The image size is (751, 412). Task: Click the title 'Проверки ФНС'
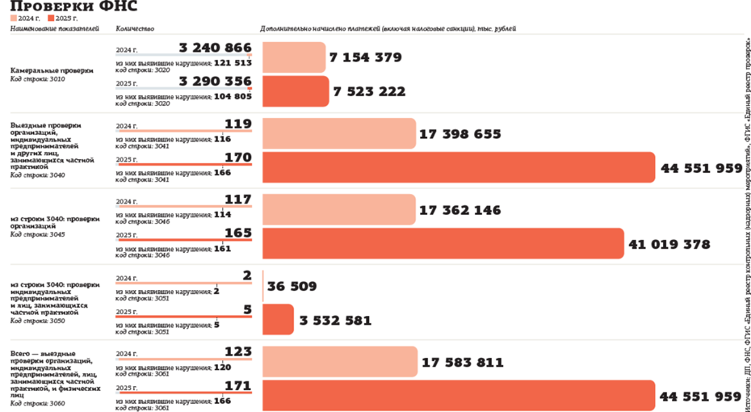coord(73,7)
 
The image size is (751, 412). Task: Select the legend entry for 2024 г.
coord(26,18)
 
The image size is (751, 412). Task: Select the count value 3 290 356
coord(216,82)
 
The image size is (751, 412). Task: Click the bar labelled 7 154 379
coord(294,57)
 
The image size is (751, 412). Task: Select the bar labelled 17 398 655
coord(338,133)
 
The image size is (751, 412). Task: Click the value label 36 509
coord(292,286)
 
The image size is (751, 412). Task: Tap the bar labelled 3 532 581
coord(278,320)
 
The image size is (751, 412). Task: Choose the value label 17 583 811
coord(462,363)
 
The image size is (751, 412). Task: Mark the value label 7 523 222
coord(369,91)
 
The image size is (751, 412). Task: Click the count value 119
coord(238,124)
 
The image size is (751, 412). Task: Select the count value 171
coord(238,387)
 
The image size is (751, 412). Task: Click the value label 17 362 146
coord(460,210)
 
